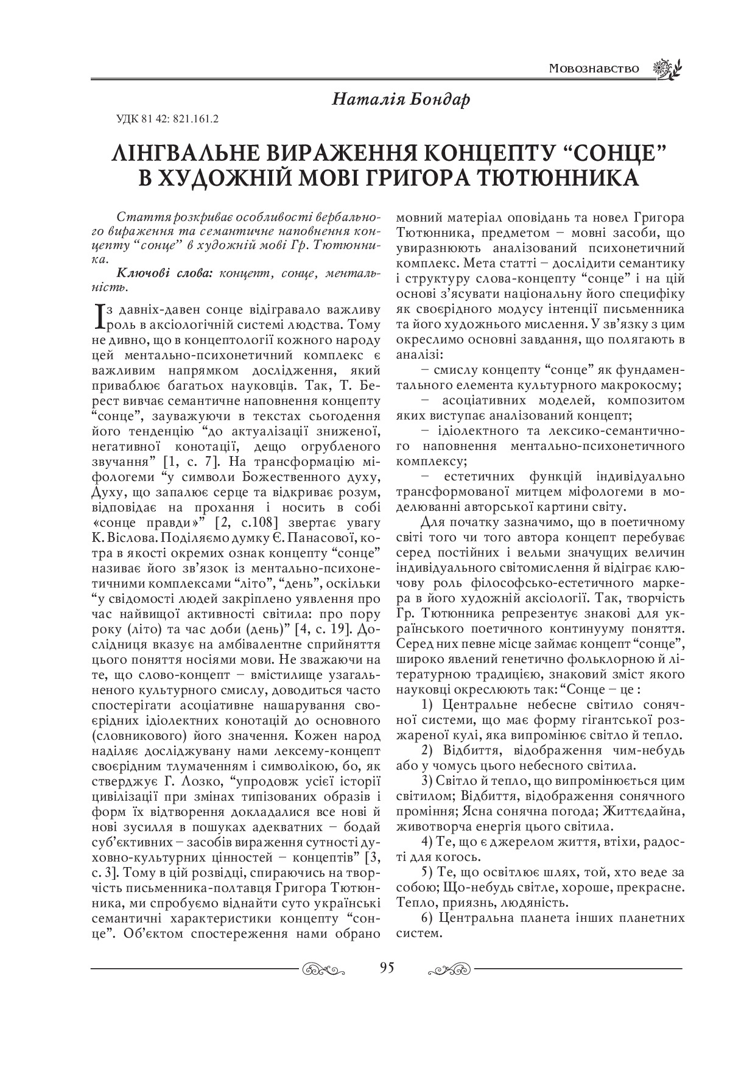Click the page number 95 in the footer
[386, 968]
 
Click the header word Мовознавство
[593, 68]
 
